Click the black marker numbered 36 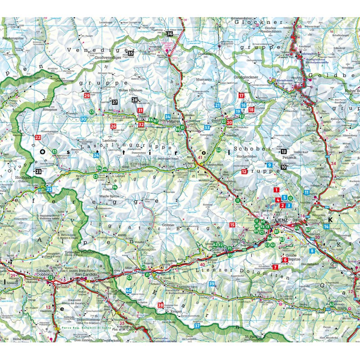pos(169,33)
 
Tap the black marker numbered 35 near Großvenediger pos(130,54)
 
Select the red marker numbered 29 pos(87,95)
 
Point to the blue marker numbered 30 pos(84,119)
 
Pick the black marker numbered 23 pos(38,171)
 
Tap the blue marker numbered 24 pos(96,155)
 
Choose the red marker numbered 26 pos(113,126)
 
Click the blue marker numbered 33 pos(207,127)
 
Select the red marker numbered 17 pos(241,95)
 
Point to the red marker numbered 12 pos(244,171)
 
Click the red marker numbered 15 pos(232,225)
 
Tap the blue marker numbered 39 pos(211,283)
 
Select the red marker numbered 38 pos(161,306)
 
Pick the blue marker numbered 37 pos(197,325)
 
